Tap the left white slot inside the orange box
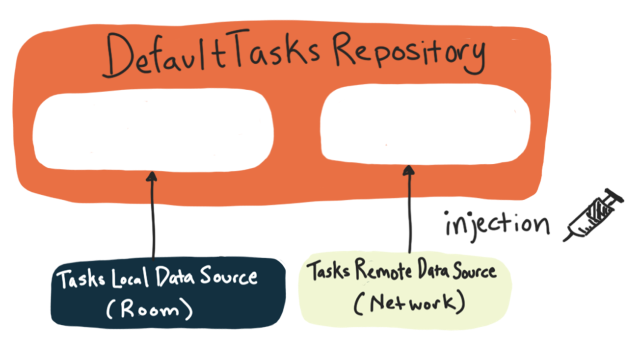click(153, 129)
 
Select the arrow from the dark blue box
click(153, 216)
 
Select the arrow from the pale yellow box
click(409, 211)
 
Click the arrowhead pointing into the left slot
click(152, 176)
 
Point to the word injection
click(496, 225)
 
